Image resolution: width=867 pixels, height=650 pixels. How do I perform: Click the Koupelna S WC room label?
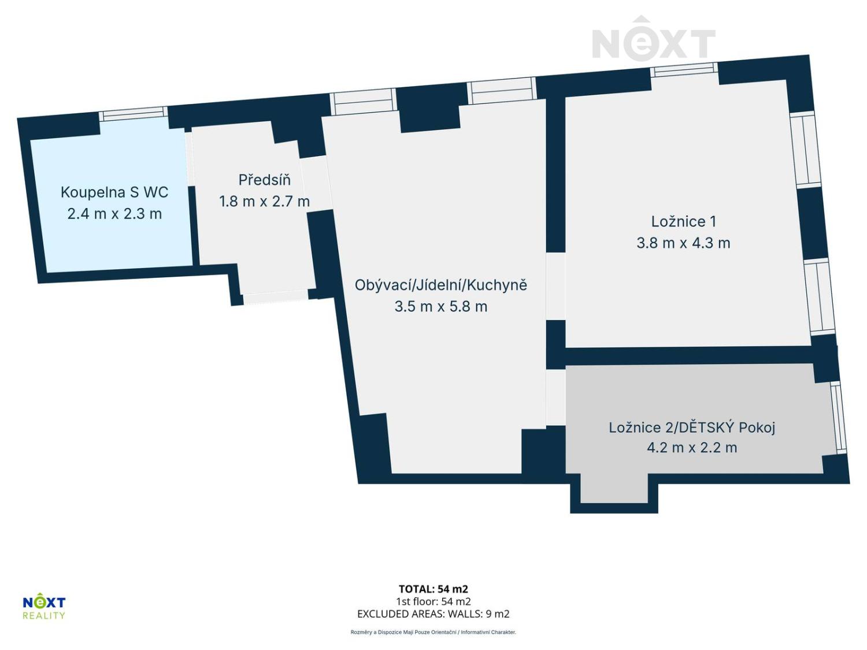pyautogui.click(x=114, y=192)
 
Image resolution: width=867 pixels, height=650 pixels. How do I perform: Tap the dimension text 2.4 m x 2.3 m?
pyautogui.click(x=114, y=214)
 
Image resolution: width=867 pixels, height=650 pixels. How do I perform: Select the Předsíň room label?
pyautogui.click(x=264, y=180)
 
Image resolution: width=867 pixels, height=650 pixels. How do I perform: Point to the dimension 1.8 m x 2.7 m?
pyautogui.click(x=264, y=202)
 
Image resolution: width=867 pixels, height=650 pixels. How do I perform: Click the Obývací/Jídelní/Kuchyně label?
pyautogui.click(x=440, y=285)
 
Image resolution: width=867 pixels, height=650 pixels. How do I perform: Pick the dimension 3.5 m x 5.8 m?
pyautogui.click(x=440, y=306)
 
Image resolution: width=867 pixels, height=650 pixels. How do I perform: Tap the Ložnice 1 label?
pyautogui.click(x=683, y=221)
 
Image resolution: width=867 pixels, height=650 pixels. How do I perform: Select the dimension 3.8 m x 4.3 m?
pyautogui.click(x=683, y=243)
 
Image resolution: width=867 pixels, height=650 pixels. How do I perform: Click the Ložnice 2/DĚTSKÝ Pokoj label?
pyautogui.click(x=691, y=428)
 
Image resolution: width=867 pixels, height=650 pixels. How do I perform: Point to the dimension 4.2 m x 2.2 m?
pyautogui.click(x=691, y=448)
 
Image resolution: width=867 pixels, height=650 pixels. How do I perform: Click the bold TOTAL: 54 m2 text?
pyautogui.click(x=433, y=589)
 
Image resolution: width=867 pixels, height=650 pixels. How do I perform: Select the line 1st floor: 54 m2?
pyautogui.click(x=433, y=601)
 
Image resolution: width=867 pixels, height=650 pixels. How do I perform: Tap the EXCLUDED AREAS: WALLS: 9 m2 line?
pyautogui.click(x=433, y=614)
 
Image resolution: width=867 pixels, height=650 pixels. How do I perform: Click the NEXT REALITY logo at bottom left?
pyautogui.click(x=44, y=607)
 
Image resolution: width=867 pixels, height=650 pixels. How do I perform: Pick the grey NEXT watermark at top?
pyautogui.click(x=653, y=40)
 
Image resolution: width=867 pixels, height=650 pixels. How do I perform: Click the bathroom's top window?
pyautogui.click(x=133, y=113)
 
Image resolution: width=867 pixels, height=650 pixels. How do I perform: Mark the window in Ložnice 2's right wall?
pyautogui.click(x=839, y=416)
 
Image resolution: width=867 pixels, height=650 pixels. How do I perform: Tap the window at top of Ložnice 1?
pyautogui.click(x=684, y=70)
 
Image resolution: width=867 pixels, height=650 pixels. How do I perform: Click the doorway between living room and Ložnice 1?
pyautogui.click(x=555, y=286)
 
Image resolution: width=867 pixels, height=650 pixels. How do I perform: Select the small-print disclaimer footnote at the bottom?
pyautogui.click(x=433, y=632)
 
